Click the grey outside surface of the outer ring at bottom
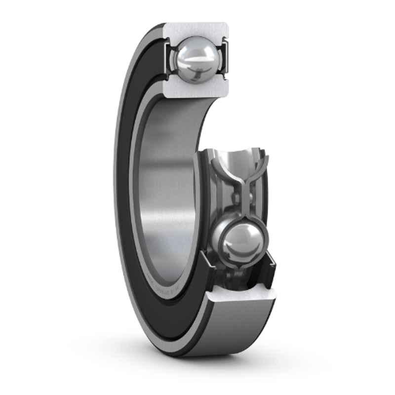[x=237, y=331]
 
